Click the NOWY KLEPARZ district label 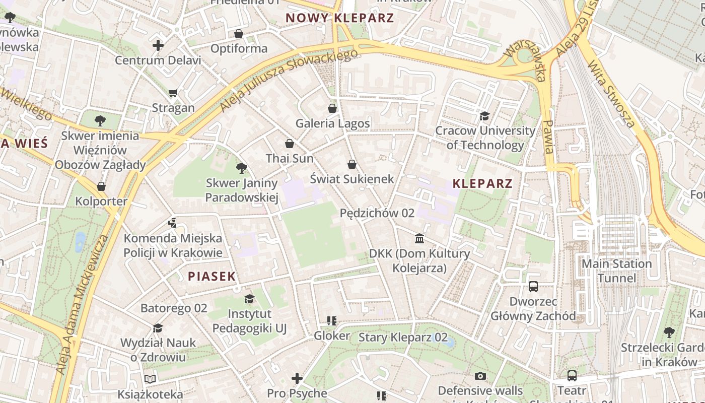[x=339, y=18]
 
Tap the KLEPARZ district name [x=482, y=183]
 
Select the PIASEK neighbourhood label [x=211, y=276]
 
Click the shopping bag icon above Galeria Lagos [x=332, y=108]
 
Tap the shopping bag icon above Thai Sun [x=289, y=144]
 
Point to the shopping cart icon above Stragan [x=173, y=93]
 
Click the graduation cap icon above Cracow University [x=484, y=116]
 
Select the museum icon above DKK [x=419, y=238]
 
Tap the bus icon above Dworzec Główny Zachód [x=533, y=287]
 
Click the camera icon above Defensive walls [x=480, y=376]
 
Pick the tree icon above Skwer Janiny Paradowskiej [x=242, y=168]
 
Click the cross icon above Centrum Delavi [x=158, y=45]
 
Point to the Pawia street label [x=549, y=137]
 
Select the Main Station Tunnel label [x=616, y=271]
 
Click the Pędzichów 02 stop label [x=377, y=213]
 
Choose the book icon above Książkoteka [x=150, y=379]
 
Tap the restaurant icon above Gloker [x=331, y=321]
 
